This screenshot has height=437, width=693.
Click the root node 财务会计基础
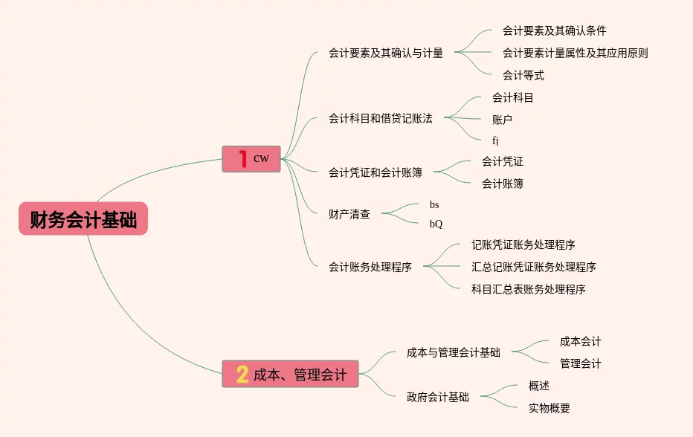[83, 219]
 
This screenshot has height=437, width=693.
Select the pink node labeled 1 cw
[251, 159]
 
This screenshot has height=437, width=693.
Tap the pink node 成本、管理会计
[291, 374]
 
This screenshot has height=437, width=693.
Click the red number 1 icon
[242, 159]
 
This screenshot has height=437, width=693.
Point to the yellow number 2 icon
[242, 375]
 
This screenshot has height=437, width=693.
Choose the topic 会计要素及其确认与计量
[386, 53]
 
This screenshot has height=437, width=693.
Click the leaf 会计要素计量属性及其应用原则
[575, 53]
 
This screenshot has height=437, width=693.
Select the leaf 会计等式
[523, 75]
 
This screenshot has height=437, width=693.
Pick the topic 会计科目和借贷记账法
[380, 118]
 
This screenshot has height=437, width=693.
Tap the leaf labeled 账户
[502, 119]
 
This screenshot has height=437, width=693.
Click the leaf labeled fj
[496, 140]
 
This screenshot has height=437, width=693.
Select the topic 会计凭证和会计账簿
[375, 172]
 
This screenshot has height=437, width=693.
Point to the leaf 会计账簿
[502, 184]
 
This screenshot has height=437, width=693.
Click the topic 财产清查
[349, 214]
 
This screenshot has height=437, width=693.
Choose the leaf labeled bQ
[436, 224]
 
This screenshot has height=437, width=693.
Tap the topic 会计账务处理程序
[370, 267]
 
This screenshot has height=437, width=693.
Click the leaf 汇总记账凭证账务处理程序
[533, 267]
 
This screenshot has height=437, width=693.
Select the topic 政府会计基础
[438, 397]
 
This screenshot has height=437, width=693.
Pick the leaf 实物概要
[549, 408]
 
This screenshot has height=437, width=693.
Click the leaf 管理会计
[581, 363]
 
